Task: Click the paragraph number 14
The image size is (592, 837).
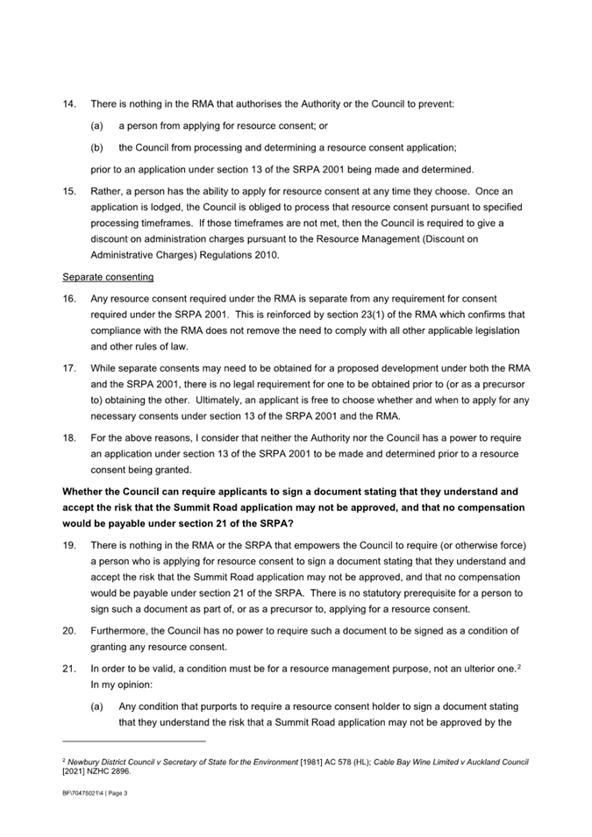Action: (x=68, y=104)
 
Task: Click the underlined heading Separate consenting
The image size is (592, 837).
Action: (x=108, y=277)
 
